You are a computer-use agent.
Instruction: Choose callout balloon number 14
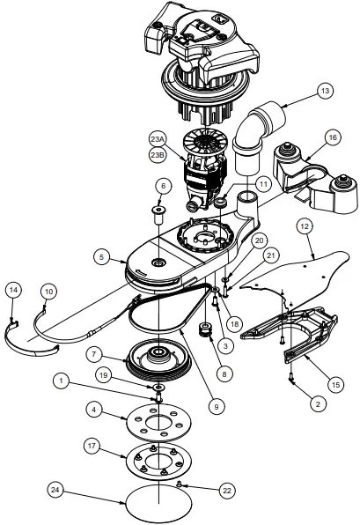coord(13,289)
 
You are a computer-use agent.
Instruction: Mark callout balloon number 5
coord(102,257)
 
